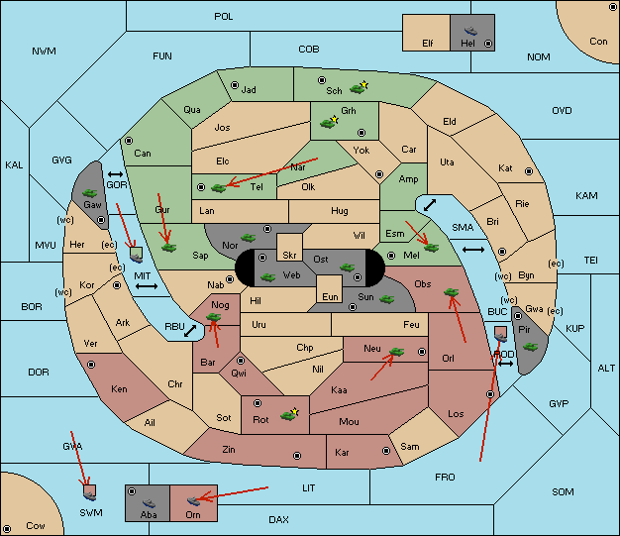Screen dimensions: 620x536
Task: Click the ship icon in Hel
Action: click(x=470, y=31)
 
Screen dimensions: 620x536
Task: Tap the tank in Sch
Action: click(x=358, y=89)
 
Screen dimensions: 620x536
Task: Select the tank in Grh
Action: click(x=328, y=124)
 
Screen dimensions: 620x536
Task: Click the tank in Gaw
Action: click(x=90, y=193)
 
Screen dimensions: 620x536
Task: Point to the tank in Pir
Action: click(x=530, y=347)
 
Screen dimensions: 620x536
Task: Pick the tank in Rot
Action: click(x=288, y=415)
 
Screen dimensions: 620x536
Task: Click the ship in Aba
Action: click(x=149, y=503)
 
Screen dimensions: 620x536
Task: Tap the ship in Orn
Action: click(x=193, y=501)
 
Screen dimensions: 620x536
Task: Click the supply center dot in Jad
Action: click(x=235, y=85)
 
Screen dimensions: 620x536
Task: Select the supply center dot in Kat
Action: click(x=529, y=171)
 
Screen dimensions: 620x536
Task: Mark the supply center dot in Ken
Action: click(x=91, y=365)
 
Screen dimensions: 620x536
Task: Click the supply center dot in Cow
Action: click(x=7, y=529)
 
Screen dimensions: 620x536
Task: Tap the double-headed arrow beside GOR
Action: click(x=116, y=174)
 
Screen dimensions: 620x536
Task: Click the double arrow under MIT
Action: click(x=147, y=286)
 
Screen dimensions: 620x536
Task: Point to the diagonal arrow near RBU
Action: click(x=190, y=331)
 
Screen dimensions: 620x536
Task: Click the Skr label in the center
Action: click(x=289, y=256)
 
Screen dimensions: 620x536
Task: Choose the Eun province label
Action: click(x=330, y=297)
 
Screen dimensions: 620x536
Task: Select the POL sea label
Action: click(x=224, y=17)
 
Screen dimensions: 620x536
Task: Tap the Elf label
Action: click(x=428, y=44)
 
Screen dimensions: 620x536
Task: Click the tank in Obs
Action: click(x=452, y=292)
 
